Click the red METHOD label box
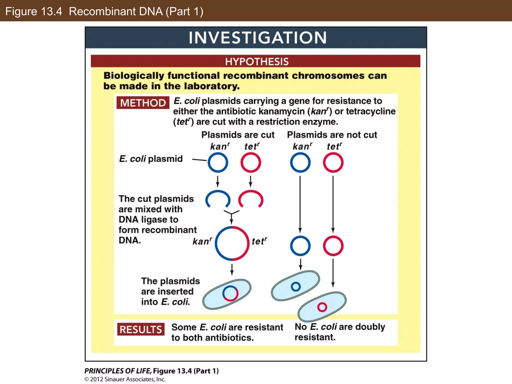pos(143,103)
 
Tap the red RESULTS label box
pos(141,329)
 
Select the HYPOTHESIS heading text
pos(257,61)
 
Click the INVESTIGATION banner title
pos(257,38)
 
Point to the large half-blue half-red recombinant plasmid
pos(232,243)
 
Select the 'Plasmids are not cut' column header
pos(332,135)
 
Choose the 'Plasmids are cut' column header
pos(238,135)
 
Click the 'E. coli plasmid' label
pos(151,159)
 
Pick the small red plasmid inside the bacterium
pos(322,307)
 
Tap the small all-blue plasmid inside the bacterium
pos(296,286)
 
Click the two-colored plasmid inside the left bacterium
pos(230,293)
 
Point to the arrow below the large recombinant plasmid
pos(232,269)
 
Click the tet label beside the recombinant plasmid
pos(259,241)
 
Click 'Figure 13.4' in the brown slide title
pos(33,11)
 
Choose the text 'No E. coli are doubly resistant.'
pos(339,332)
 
